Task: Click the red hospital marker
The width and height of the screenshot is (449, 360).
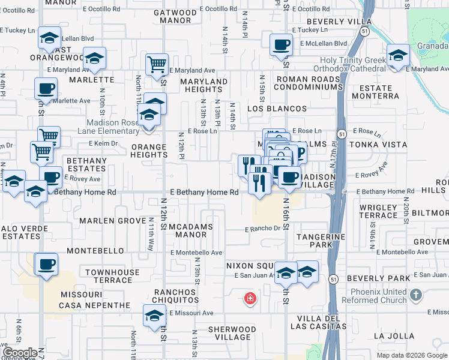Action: [249, 298]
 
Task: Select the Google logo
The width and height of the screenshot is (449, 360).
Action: [20, 353]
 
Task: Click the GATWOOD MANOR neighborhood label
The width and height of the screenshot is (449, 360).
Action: [175, 16]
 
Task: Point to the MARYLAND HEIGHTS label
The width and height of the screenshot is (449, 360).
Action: [204, 85]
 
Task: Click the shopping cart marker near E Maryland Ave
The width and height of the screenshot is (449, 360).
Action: [157, 63]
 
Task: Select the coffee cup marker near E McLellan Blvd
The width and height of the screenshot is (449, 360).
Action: [281, 44]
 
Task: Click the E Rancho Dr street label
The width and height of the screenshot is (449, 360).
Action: [262, 229]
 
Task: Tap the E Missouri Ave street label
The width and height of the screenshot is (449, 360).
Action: [191, 313]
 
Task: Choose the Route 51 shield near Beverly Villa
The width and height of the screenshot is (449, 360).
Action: [364, 34]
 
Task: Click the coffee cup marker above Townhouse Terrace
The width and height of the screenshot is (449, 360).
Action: [46, 263]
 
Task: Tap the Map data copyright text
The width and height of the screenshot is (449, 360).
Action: [411, 355]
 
